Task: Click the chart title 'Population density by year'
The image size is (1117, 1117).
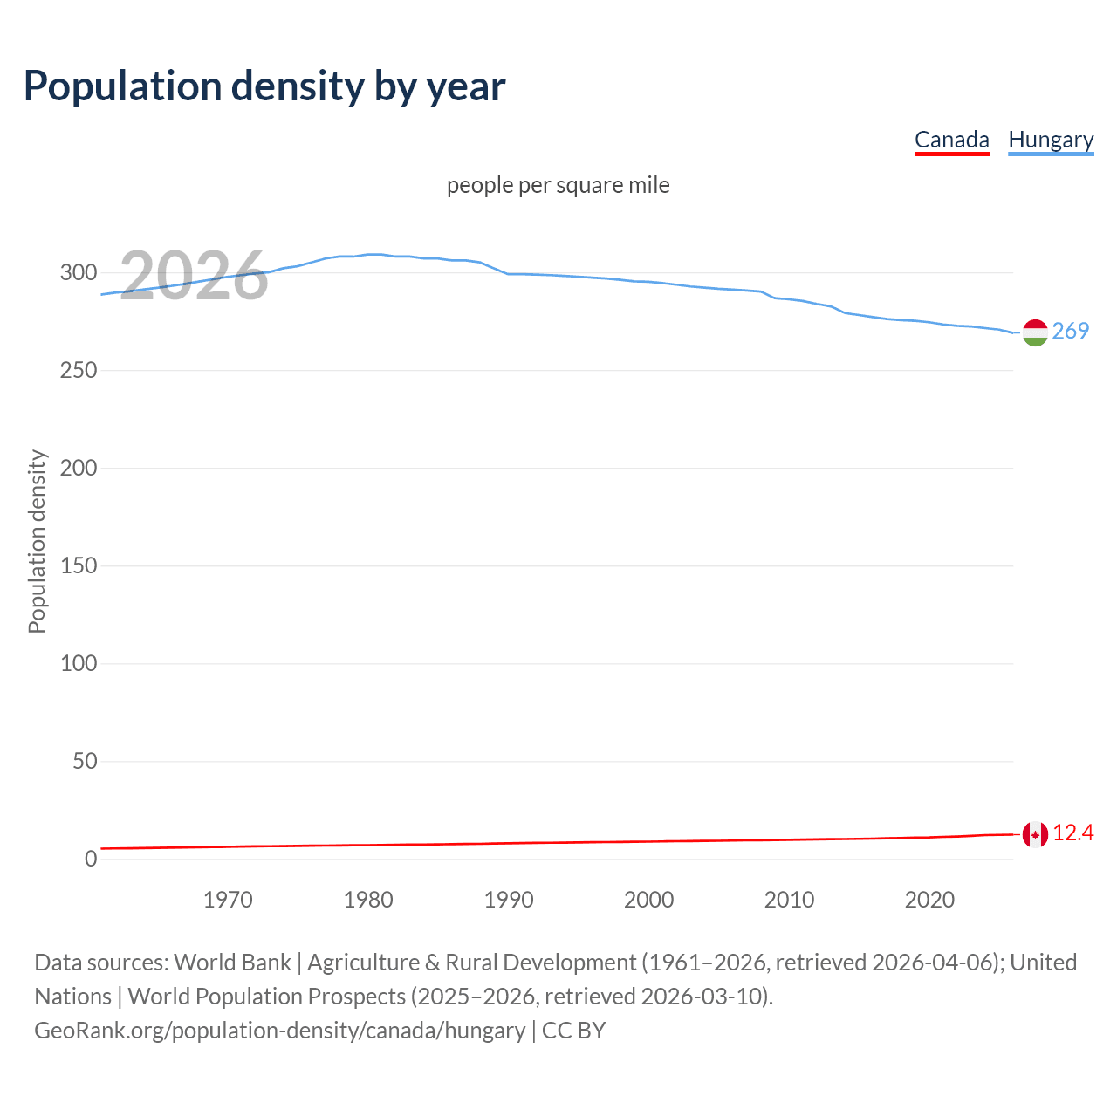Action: pos(264,86)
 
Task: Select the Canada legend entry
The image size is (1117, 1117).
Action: pos(951,140)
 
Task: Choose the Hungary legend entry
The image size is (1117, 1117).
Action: pos(1051,140)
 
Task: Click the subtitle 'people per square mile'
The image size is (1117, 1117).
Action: pos(558,185)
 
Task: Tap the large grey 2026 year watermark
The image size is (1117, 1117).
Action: pos(194,276)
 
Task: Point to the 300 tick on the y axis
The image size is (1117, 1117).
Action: pos(79,273)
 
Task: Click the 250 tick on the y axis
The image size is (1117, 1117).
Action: pos(79,371)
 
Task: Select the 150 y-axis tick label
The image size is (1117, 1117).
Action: pos(79,566)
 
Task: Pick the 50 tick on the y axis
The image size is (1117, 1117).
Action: pos(85,762)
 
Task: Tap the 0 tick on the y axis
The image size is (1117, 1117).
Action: pos(91,860)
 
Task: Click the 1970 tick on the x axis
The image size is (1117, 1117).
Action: pos(228,900)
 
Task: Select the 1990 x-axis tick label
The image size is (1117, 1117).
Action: pos(509,900)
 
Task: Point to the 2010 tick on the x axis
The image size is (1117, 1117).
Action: pos(789,900)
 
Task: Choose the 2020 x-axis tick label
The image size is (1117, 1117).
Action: pos(929,900)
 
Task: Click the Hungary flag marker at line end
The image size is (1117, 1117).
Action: pos(1035,332)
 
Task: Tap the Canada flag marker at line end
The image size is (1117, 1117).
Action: pos(1035,834)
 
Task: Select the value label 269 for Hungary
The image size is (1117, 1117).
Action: pos(1071,331)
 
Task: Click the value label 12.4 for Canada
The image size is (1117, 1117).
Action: pos(1072,833)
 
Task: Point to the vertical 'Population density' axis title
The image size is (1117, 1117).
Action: pos(37,541)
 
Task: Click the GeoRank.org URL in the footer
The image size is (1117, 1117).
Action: pos(279,1031)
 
